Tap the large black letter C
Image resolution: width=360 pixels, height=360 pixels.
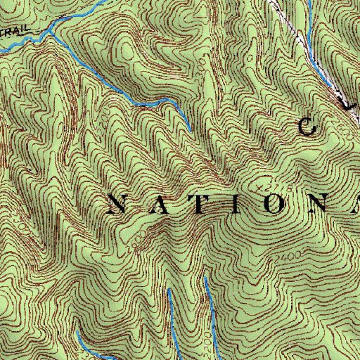[x=308, y=127]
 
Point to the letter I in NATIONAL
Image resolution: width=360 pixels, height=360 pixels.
[x=233, y=204]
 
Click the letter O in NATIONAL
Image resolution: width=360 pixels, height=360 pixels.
[x=271, y=204]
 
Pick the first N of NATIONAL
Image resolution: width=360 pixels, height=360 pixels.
[x=117, y=204]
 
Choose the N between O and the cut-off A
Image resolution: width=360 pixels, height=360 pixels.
[x=314, y=204]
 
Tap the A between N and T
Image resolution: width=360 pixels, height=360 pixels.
[x=156, y=204]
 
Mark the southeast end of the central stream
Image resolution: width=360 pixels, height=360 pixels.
[x=189, y=130]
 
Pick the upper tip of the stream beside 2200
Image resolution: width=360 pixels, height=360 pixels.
[x=205, y=278]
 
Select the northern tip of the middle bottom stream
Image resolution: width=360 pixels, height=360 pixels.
[x=169, y=289]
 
